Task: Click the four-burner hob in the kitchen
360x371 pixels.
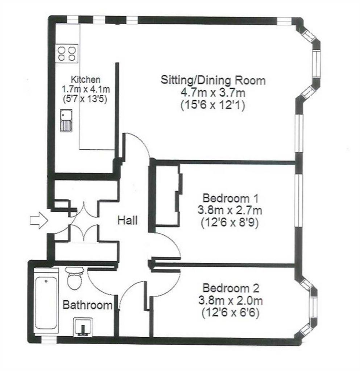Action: click(67, 54)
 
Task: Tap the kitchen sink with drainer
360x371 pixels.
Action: click(66, 120)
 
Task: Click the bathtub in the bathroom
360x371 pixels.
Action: click(46, 303)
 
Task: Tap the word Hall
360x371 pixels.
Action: click(128, 221)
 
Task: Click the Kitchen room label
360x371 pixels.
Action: click(86, 79)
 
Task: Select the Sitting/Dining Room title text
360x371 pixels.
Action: click(213, 80)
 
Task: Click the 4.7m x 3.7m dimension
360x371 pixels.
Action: click(213, 92)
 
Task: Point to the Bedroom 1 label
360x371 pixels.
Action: click(231, 198)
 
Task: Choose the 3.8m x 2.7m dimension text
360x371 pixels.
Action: click(230, 210)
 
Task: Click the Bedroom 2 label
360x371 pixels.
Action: click(231, 288)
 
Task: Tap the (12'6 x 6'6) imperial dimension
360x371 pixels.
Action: click(231, 313)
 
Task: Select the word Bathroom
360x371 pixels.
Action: click(87, 305)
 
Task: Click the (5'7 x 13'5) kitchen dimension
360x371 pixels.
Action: click(85, 99)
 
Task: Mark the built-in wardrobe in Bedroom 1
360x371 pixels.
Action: click(167, 195)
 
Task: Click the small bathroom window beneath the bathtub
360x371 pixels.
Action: click(49, 340)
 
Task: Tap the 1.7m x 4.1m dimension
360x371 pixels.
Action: click(86, 89)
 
